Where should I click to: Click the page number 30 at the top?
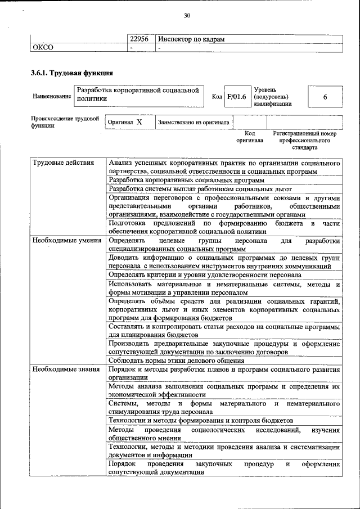point(187,15)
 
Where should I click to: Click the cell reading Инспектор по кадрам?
point(192,39)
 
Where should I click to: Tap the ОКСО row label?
point(42,47)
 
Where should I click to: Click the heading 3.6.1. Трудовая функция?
point(72,73)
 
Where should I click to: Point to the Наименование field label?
point(52,97)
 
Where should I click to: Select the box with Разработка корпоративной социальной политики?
point(138,94)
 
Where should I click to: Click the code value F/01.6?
point(236,97)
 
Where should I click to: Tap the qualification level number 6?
point(325,97)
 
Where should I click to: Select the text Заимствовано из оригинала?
point(193,122)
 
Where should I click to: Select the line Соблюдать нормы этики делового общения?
point(176,361)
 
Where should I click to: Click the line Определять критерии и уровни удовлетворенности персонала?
point(205,275)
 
